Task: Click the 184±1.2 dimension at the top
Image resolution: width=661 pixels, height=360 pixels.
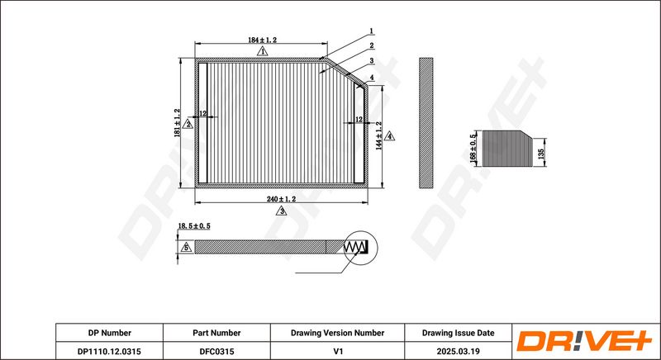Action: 262,40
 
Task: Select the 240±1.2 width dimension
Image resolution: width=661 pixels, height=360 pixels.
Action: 281,199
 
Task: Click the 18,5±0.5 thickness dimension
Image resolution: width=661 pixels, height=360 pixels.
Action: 195,225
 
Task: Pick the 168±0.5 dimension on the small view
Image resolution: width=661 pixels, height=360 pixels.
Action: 473,147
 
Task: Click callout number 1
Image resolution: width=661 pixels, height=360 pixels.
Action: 372,31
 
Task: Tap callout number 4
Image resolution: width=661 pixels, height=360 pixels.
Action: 373,77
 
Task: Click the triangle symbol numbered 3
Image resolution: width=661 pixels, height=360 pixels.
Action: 281,211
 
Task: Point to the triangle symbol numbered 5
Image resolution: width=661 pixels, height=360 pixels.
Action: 187,247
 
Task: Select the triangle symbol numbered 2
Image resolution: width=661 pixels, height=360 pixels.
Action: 188,124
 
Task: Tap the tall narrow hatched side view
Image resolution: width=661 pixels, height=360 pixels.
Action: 426,122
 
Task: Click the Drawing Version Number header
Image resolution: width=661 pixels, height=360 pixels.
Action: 337,333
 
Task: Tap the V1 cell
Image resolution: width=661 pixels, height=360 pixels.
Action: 337,351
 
